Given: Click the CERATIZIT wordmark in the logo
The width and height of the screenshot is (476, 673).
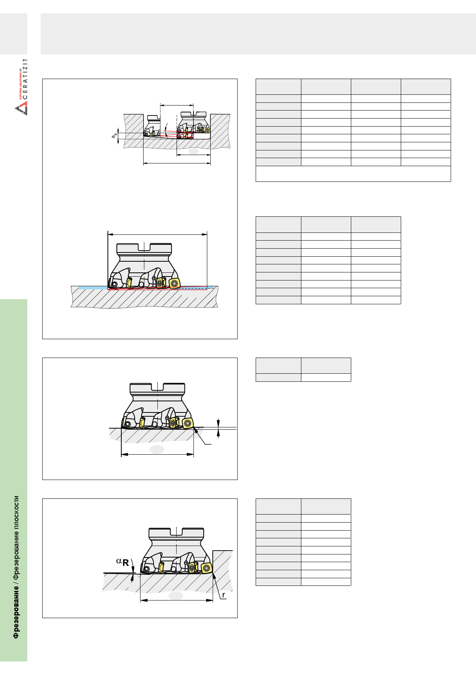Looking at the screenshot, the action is pyautogui.click(x=25, y=79).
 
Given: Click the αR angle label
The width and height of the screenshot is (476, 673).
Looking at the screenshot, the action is pyautogui.click(x=122, y=562).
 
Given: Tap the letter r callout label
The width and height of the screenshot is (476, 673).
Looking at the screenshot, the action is pyautogui.click(x=223, y=595).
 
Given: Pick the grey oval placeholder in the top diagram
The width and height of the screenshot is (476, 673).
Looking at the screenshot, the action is pyautogui.click(x=193, y=151).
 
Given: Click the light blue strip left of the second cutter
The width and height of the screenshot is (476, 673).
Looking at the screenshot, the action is pyautogui.click(x=93, y=287).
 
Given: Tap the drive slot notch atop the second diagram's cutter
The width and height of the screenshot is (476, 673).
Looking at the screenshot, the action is pyautogui.click(x=144, y=247).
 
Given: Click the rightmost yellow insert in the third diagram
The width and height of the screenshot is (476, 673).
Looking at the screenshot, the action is pyautogui.click(x=187, y=424).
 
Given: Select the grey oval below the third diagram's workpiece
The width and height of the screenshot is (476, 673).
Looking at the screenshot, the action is pyautogui.click(x=157, y=449).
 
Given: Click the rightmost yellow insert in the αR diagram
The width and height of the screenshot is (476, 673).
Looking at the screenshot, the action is pyautogui.click(x=207, y=568).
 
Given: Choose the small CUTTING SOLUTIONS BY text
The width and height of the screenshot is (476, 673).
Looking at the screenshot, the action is pyautogui.click(x=21, y=83).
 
